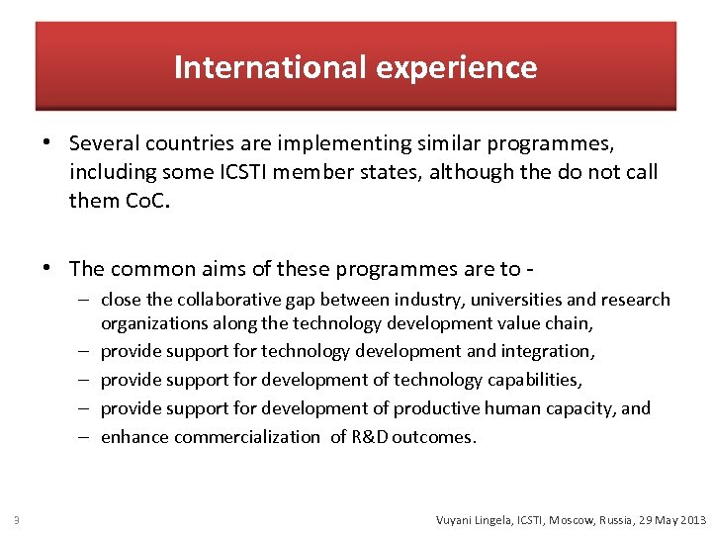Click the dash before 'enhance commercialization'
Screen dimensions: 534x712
[x=88, y=436]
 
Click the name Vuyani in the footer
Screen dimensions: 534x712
[x=456, y=519]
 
